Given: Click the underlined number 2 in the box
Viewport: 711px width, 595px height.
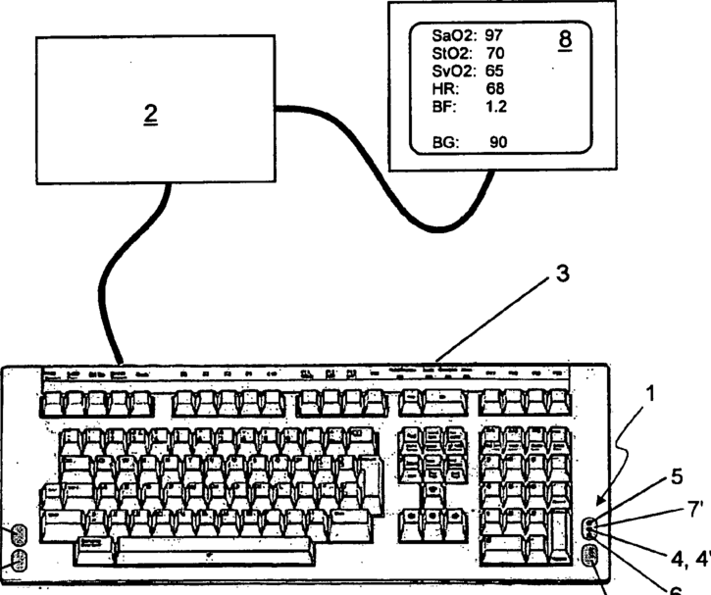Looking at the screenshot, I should point(150,113).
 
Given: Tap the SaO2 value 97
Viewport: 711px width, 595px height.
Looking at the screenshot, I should point(493,35).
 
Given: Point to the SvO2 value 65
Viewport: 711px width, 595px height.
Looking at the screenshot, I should point(493,72).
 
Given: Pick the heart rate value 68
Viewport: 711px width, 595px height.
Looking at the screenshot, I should point(495,89).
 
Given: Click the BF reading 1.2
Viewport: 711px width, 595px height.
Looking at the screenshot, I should point(496,107).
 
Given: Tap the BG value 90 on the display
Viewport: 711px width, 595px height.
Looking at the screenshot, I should point(498,143).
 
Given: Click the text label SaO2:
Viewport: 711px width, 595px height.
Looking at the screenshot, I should point(454,35).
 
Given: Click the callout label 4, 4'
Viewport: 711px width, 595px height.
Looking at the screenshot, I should point(687,559).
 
